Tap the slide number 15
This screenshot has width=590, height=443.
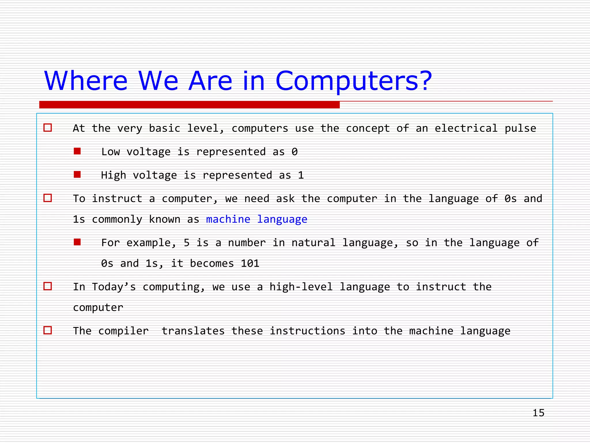[538, 413]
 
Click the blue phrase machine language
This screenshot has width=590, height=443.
[256, 219]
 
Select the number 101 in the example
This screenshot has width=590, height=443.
[250, 263]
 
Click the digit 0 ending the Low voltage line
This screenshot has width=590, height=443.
[294, 152]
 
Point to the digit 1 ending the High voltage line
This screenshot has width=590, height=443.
[301, 175]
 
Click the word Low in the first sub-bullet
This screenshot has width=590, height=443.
[110, 152]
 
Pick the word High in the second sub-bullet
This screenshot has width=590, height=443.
[114, 175]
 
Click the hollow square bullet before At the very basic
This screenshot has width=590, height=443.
[48, 127]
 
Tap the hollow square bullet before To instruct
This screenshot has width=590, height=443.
[48, 198]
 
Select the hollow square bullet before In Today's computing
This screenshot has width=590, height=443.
[48, 286]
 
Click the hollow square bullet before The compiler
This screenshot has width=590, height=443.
[48, 330]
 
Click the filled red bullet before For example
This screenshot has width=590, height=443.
[77, 242]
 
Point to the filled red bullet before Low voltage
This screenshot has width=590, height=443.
[77, 151]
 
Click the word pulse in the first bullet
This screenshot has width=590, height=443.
[520, 128]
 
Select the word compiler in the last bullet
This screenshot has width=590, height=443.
[123, 331]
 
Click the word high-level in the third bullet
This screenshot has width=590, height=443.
[301, 287]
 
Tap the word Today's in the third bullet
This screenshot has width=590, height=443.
[114, 287]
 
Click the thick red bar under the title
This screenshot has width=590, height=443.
[189, 105]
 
